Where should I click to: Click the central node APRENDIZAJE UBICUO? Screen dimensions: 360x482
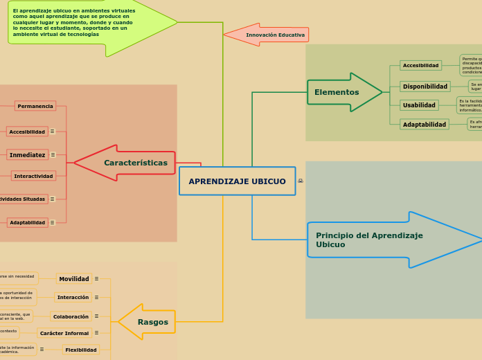click(237, 181)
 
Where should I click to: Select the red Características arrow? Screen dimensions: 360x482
click(128, 163)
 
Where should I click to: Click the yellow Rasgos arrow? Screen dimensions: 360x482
click(148, 322)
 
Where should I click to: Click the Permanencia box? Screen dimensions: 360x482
click(35, 106)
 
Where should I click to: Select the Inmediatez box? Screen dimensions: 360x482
click(28, 155)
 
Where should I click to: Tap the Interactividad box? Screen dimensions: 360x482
click(33, 177)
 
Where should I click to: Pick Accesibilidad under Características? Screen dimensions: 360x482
click(27, 132)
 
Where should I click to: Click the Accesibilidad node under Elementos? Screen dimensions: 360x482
click(420, 66)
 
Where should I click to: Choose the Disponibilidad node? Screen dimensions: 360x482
click(425, 87)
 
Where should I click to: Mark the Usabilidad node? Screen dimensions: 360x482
click(419, 105)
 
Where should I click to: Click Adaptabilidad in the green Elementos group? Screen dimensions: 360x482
click(425, 125)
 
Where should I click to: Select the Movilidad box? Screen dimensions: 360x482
click(74, 279)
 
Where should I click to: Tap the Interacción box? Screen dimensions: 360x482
click(73, 298)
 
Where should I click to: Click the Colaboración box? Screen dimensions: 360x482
click(71, 316)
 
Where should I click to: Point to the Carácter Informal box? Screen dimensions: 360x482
click(64, 334)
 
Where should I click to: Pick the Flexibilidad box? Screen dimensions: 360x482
click(80, 350)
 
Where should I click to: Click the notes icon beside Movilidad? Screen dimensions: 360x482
click(96, 279)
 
